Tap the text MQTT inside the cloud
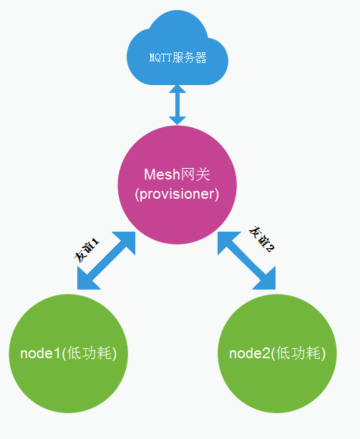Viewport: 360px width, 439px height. tap(160, 58)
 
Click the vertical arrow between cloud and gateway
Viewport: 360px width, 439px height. tap(177, 104)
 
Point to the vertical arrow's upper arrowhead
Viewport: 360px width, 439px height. tap(177, 90)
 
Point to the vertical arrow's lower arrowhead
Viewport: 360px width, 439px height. tap(177, 119)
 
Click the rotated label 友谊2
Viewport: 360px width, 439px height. tap(262, 239)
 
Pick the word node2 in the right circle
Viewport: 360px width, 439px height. tap(250, 354)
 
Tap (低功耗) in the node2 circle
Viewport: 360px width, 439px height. tap(299, 354)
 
